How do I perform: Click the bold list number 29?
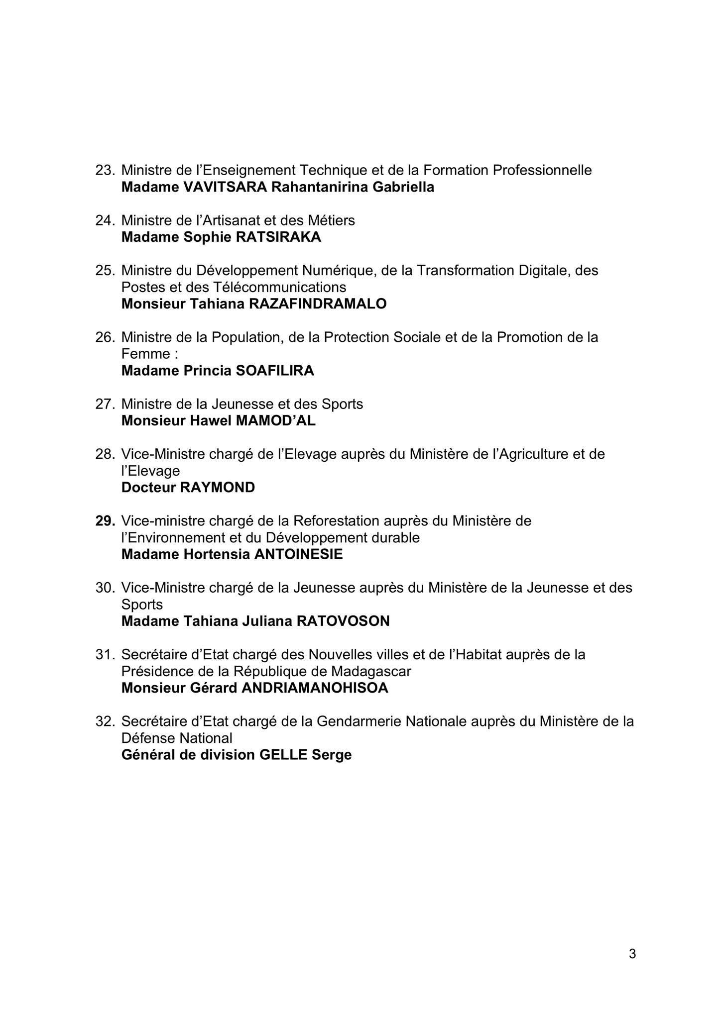click(105, 521)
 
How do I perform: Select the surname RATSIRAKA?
click(278, 237)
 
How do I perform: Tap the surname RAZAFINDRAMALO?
click(318, 304)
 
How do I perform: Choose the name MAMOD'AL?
click(275, 421)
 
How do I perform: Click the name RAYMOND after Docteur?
click(218, 488)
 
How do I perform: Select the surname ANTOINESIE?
click(299, 554)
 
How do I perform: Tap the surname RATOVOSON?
click(343, 621)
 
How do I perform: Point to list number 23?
click(105, 170)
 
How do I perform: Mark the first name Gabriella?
click(404, 187)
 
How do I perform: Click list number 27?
click(105, 404)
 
